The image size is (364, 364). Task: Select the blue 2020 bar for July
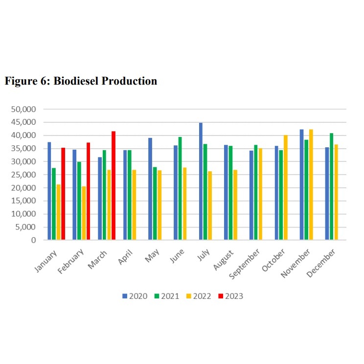click(201, 182)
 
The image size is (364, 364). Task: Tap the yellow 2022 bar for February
click(84, 213)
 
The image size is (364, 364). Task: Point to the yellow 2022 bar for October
click(286, 187)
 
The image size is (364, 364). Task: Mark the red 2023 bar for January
click(63, 194)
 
